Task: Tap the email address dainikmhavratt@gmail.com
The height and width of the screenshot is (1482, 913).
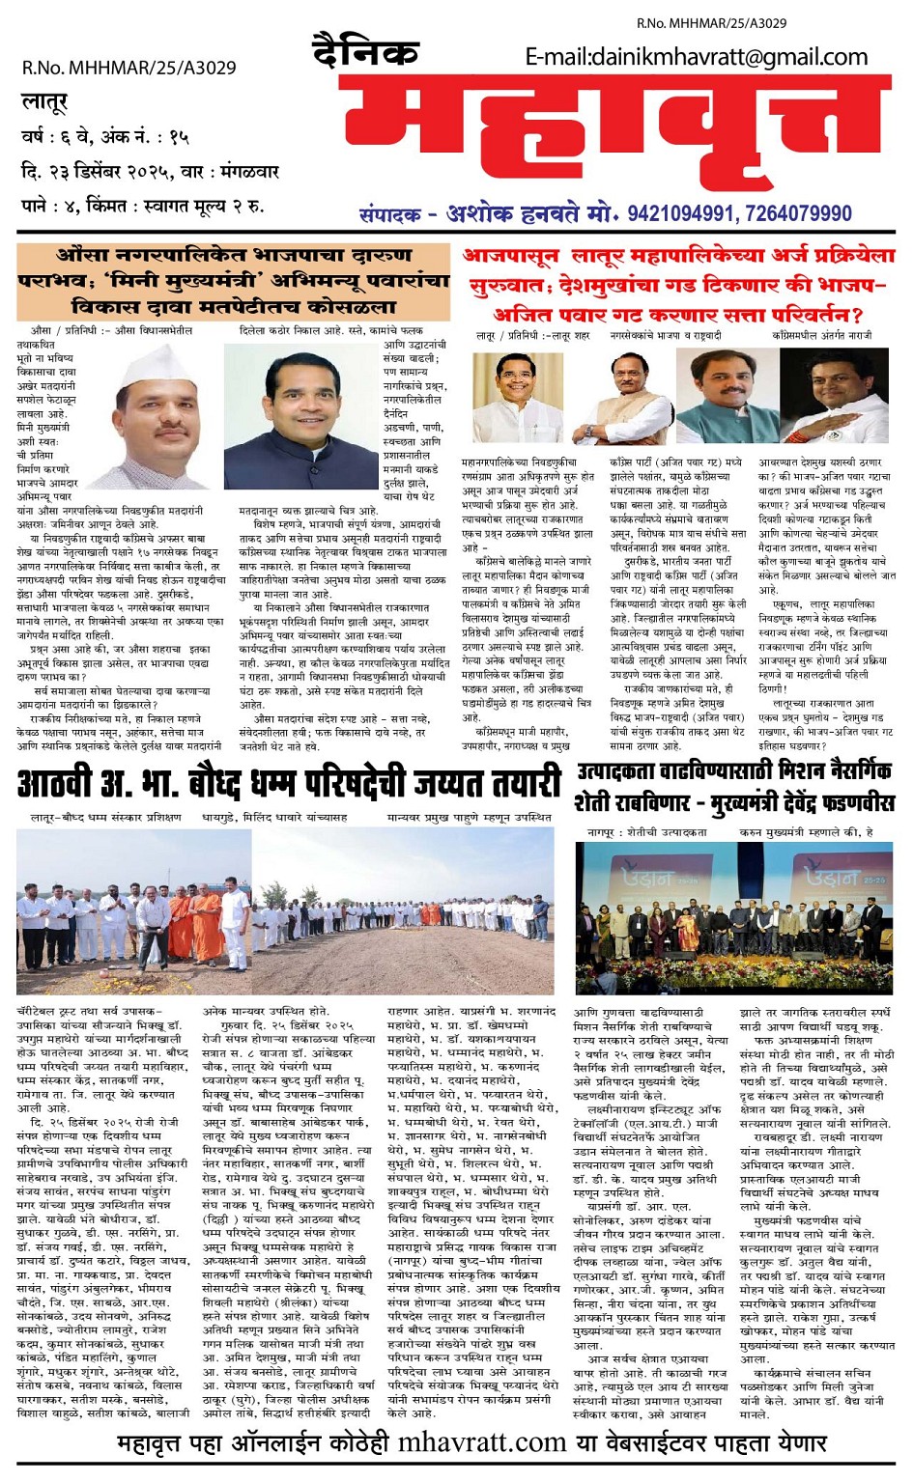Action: click(x=696, y=57)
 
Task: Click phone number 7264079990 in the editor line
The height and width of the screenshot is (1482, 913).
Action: click(x=798, y=213)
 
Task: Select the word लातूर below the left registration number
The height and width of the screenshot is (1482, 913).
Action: click(x=44, y=101)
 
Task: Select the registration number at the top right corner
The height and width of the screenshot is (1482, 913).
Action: click(x=711, y=22)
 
